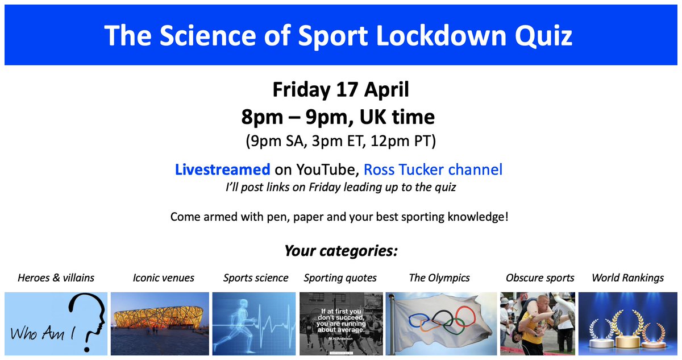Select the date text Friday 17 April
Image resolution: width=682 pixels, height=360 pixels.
pyautogui.click(x=340, y=90)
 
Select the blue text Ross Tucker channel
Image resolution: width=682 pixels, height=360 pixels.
pyautogui.click(x=433, y=169)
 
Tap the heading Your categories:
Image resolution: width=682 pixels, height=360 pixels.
pyautogui.click(x=340, y=251)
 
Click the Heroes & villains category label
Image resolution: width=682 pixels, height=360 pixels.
pyautogui.click(x=56, y=278)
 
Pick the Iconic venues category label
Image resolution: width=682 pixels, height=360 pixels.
pyautogui.click(x=163, y=278)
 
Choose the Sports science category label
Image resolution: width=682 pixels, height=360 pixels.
pyautogui.click(x=255, y=278)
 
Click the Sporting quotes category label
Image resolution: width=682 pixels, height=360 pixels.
pyautogui.click(x=340, y=278)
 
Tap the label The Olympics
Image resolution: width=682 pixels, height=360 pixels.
pyautogui.click(x=439, y=278)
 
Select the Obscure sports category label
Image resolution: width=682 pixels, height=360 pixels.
pyautogui.click(x=539, y=278)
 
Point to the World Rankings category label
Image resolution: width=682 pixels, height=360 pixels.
pyautogui.click(x=627, y=278)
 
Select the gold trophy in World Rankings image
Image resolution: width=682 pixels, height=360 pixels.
pyautogui.click(x=627, y=330)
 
